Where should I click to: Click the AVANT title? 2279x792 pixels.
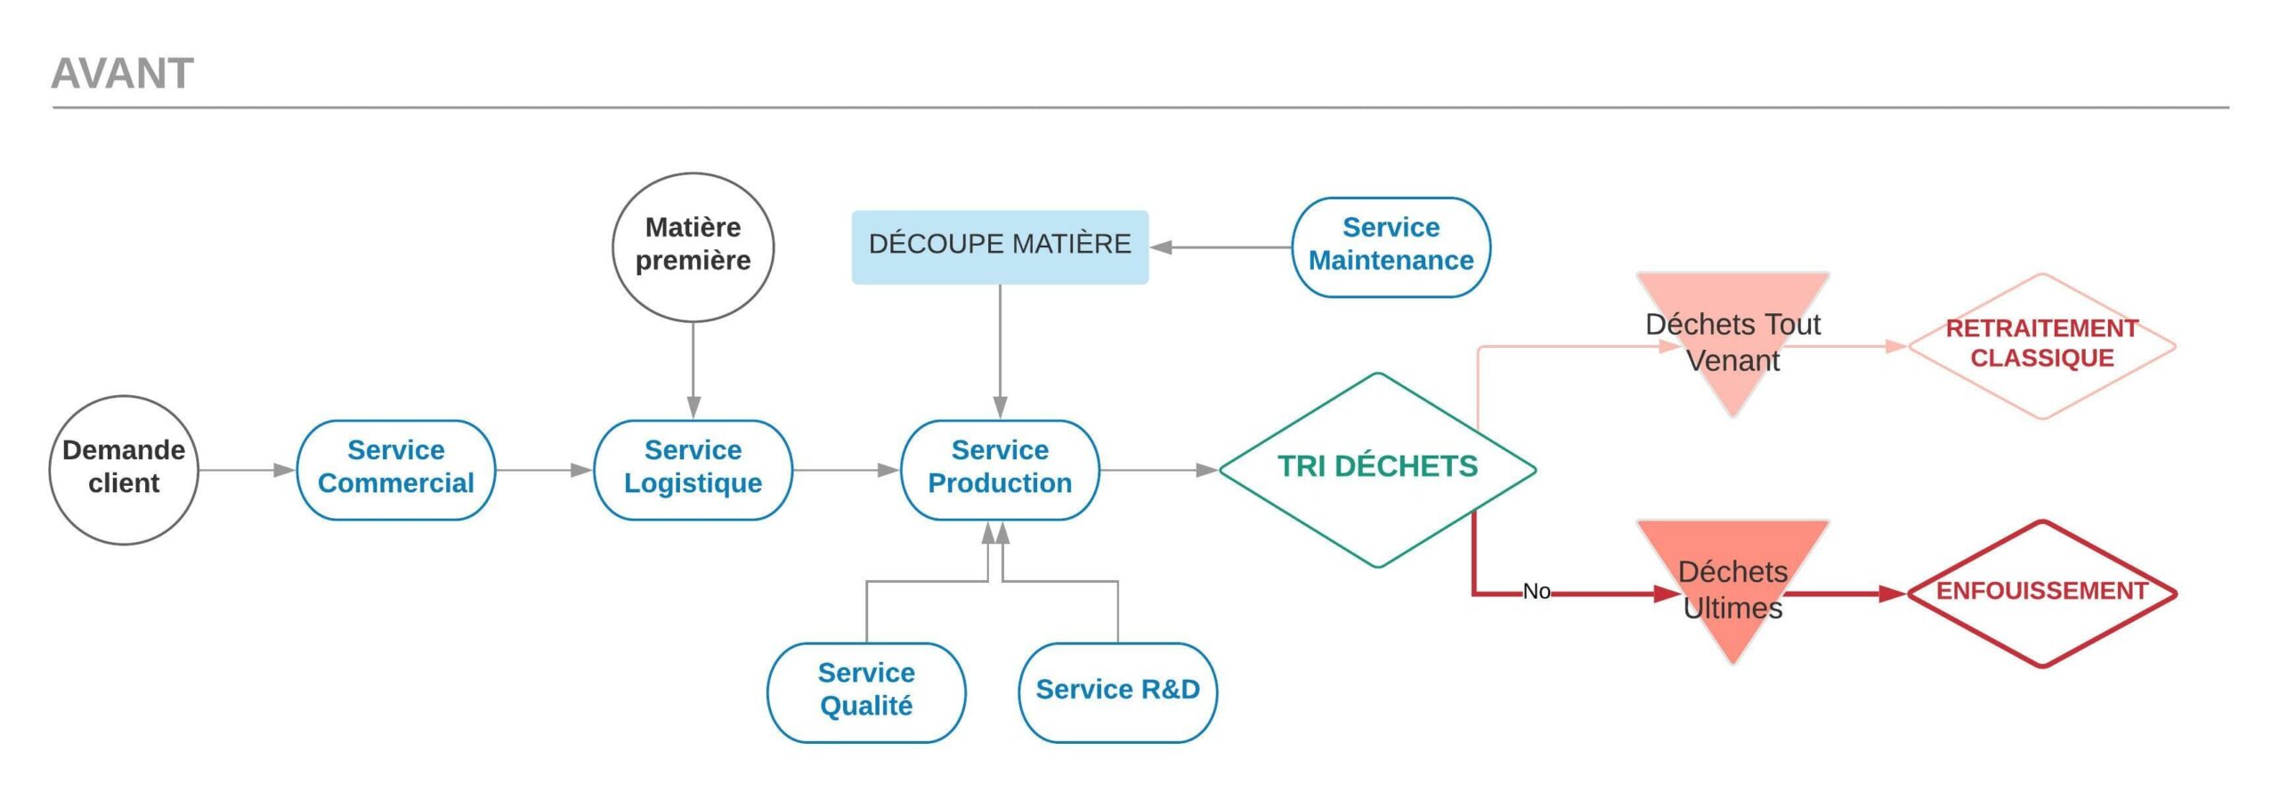[122, 73]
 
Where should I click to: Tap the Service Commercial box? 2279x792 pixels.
[395, 469]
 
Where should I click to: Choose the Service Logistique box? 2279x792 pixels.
[693, 469]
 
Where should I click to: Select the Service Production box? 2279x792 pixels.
[1000, 469]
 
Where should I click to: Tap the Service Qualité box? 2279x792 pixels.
[866, 691]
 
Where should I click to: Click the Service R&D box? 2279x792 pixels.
[1117, 691]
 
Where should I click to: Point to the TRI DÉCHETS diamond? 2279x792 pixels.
[1377, 469]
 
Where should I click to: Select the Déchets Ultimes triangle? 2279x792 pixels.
[1732, 588]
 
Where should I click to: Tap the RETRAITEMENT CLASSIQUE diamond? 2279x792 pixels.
[2041, 344]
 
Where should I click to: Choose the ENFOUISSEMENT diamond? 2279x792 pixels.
[2041, 593]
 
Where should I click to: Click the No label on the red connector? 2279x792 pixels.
[1537, 591]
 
